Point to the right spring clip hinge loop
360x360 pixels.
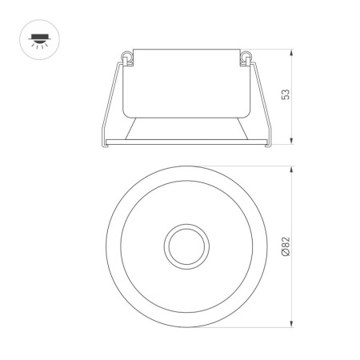tap(248, 56)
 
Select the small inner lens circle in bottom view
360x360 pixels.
tap(186, 246)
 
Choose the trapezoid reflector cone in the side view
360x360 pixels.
tap(186, 128)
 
